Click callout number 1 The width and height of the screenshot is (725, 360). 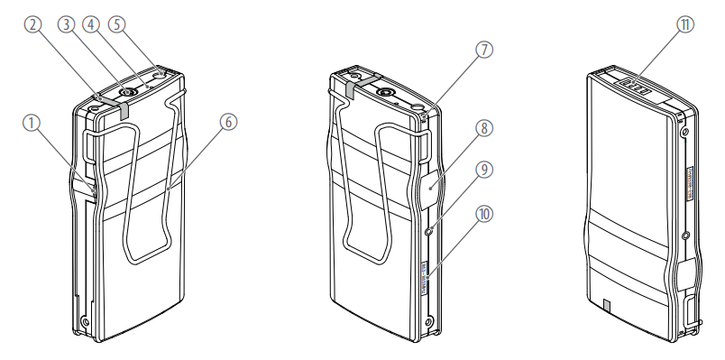[32, 123]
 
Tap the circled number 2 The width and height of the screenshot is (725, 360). [32, 24]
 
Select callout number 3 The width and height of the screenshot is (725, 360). [66, 24]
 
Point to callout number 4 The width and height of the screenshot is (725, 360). [91, 24]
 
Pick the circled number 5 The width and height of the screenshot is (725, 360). [117, 24]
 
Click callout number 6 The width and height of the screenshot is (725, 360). [228, 122]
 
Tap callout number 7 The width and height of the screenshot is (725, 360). [484, 50]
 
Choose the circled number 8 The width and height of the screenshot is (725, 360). [484, 128]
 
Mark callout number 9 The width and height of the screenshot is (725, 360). [484, 170]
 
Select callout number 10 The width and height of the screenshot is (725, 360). [484, 214]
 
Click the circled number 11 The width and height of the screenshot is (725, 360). [685, 24]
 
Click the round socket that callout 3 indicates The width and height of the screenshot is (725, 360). [128, 93]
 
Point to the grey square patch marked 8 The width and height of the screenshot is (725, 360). [430, 189]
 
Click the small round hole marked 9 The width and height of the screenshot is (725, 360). [429, 230]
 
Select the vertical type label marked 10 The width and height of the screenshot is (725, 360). [426, 278]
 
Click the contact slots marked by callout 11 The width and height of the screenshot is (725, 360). [636, 87]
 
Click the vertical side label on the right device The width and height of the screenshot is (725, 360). [689, 183]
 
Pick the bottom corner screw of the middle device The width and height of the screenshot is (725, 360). [429, 321]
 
